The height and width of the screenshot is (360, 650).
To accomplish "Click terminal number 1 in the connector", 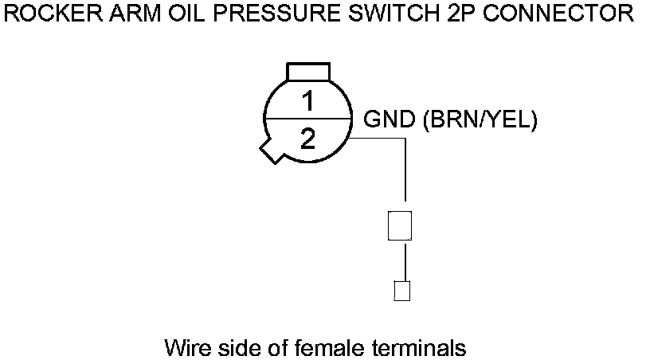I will [307, 101].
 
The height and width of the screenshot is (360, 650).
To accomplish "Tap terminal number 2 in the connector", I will [307, 140].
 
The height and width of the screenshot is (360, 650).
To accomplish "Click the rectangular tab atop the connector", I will [307, 71].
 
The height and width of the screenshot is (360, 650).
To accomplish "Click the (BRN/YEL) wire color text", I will [480, 119].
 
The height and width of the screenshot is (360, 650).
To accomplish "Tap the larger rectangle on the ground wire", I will [399, 225].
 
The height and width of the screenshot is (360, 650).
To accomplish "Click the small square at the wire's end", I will [402, 291].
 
